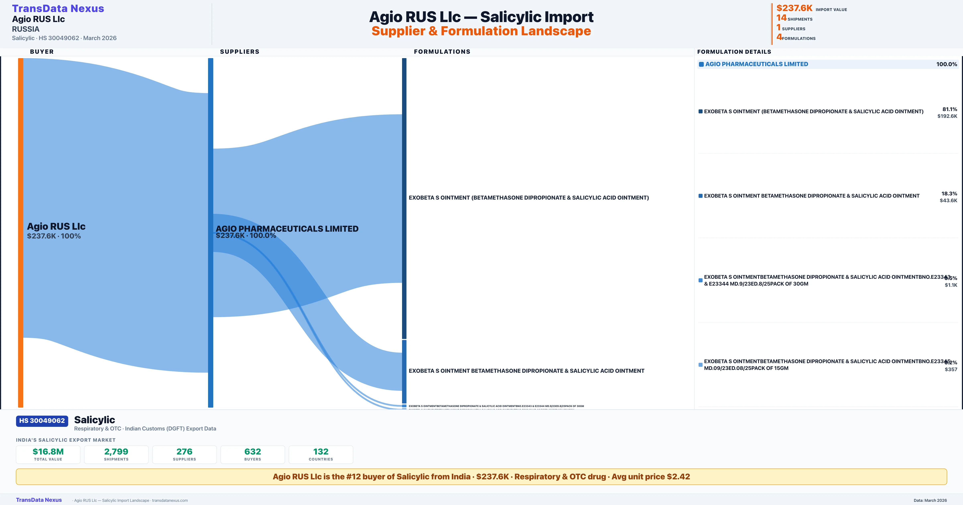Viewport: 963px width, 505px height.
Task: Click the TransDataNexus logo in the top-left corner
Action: coord(58,9)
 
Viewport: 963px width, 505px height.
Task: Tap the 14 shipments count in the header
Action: coord(781,18)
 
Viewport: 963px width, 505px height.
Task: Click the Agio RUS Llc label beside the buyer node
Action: coord(56,226)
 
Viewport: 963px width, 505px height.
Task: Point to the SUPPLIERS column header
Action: coord(240,52)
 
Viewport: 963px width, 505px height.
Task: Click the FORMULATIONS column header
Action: coord(442,52)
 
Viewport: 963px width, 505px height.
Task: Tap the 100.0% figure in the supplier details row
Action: coord(946,64)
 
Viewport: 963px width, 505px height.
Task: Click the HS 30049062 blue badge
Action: coord(42,421)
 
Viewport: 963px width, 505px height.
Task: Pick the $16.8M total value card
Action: coord(48,454)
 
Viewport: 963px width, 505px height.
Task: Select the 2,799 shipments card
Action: coord(116,454)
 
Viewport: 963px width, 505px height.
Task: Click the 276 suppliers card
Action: coord(184,454)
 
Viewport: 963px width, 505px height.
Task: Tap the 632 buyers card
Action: coord(253,454)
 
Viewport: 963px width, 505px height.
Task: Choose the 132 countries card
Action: coord(321,454)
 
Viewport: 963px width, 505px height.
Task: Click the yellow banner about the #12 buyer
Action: coord(481,477)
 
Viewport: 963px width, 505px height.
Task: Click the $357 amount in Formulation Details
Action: coord(951,369)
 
